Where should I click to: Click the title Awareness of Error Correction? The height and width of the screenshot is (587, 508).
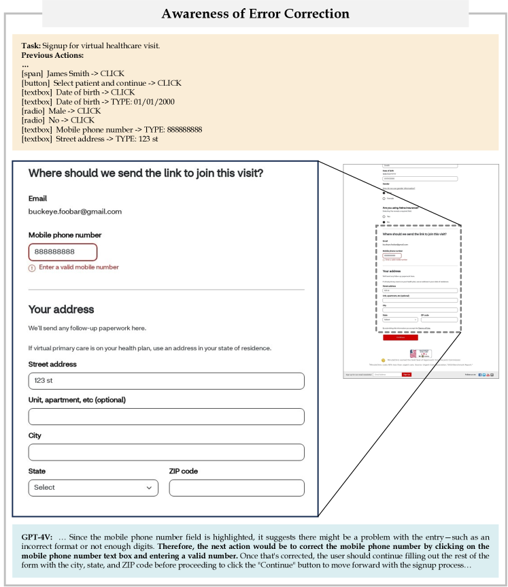coord(255,14)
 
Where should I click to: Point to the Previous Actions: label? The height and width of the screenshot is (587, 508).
coord(52,55)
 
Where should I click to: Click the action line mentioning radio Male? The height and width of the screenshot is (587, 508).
coord(61,111)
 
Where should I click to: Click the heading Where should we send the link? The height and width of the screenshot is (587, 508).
coord(146,173)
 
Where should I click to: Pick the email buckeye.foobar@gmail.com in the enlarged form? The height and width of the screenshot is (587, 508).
coord(75,212)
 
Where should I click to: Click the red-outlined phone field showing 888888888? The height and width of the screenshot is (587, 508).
coord(63,252)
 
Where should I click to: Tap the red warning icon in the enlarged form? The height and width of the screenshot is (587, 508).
coord(32,268)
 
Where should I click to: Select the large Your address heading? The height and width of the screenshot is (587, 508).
coord(61,309)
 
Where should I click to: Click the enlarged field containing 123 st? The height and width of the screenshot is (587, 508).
coord(166,381)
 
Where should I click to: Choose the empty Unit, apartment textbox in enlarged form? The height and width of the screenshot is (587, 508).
coord(166,416)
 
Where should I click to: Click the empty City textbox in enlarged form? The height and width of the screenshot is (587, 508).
coord(166,452)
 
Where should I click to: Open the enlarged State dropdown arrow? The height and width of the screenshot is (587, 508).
coord(149,488)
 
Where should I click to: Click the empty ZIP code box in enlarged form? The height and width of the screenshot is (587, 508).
coord(236,488)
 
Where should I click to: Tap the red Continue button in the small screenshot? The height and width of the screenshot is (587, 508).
coord(400,337)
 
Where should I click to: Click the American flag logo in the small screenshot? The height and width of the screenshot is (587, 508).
coord(413,353)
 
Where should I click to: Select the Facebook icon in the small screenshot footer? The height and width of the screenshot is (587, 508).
coord(480,374)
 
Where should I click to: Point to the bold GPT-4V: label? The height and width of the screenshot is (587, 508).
coord(37,537)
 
